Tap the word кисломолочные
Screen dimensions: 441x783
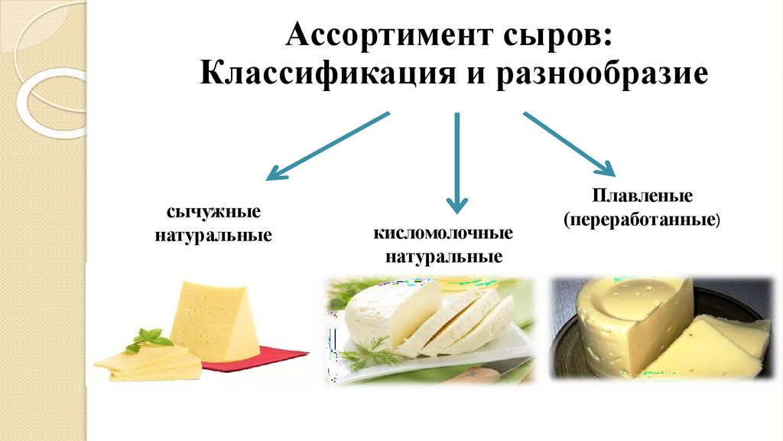coord(443,232)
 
